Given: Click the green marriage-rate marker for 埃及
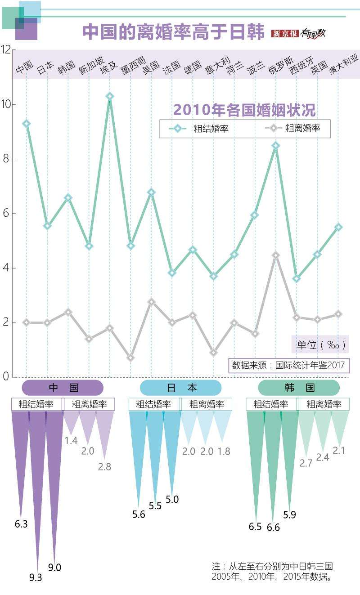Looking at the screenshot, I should pyautogui.click(x=109, y=96).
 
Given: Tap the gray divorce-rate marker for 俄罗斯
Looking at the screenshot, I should pyautogui.click(x=276, y=255).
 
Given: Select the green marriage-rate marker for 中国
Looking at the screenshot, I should pyautogui.click(x=27, y=123).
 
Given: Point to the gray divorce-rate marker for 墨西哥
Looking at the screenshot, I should pyautogui.click(x=130, y=358).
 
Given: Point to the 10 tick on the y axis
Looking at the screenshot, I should pyautogui.click(x=7, y=104).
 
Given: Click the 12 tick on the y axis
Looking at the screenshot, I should pyautogui.click(x=7, y=50).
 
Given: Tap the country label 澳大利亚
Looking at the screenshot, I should pyautogui.click(x=344, y=64).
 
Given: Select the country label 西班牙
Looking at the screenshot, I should pyautogui.click(x=301, y=66).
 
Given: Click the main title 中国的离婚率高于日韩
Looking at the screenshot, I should pyautogui.click(x=173, y=32).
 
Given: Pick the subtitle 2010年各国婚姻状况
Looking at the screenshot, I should pyautogui.click(x=244, y=109).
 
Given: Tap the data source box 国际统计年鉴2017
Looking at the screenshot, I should pyautogui.click(x=288, y=365).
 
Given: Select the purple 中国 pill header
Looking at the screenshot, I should pyautogui.click(x=63, y=388).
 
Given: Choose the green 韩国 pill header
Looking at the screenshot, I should pyautogui.click(x=299, y=388).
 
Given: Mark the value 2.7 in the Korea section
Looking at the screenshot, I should pyautogui.click(x=306, y=463).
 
